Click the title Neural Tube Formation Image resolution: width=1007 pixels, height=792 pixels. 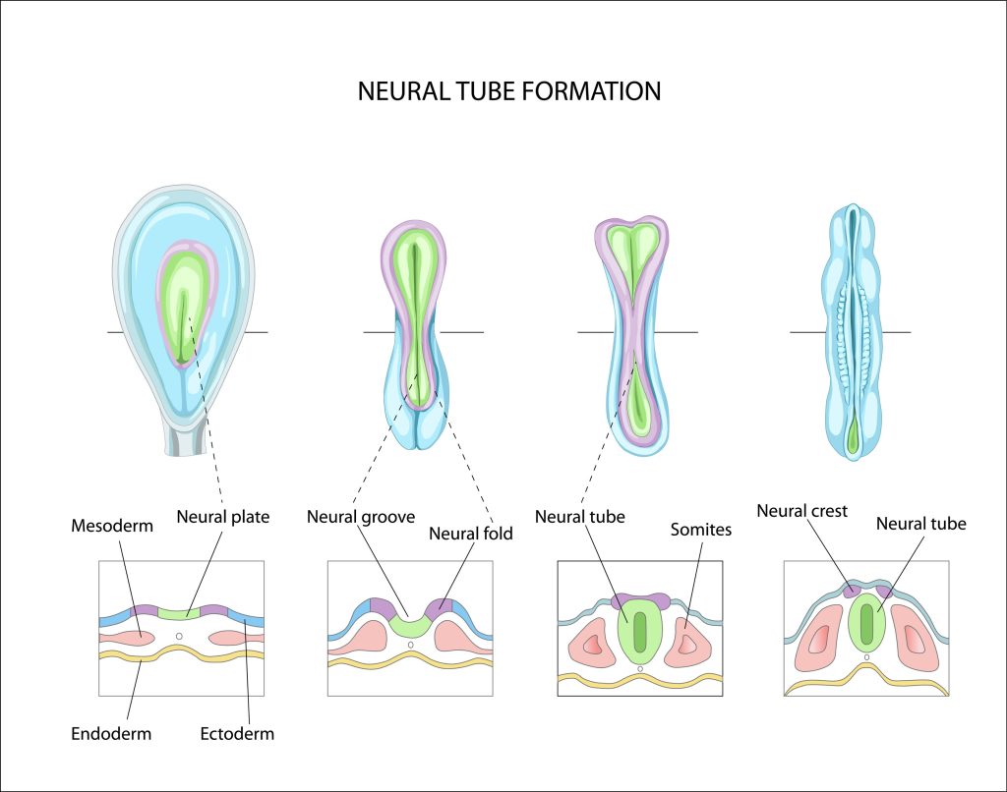[509, 91]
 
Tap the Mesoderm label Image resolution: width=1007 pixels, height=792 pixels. [112, 526]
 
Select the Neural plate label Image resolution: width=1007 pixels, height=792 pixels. [222, 515]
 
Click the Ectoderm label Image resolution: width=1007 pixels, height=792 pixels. [237, 733]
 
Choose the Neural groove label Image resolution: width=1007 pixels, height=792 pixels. [360, 515]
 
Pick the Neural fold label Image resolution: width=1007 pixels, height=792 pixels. [470, 534]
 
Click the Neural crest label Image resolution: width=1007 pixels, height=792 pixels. [801, 510]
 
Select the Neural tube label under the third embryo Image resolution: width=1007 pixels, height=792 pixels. [579, 515]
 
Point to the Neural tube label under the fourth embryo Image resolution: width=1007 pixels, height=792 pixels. [920, 524]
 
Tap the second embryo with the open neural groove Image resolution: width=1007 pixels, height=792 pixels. [415, 334]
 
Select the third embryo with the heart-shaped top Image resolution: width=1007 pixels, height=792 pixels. [632, 334]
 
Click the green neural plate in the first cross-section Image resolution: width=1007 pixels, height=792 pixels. [178, 614]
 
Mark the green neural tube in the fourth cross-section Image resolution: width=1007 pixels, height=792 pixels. [866, 621]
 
